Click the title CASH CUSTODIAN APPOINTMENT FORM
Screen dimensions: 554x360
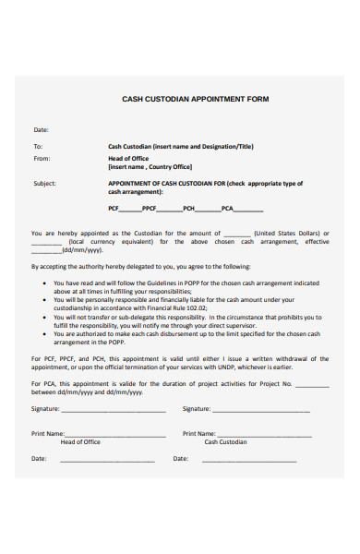[x=195, y=98]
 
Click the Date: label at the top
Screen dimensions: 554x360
[x=41, y=130]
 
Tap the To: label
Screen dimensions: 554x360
[x=38, y=147]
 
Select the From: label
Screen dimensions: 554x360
[x=42, y=158]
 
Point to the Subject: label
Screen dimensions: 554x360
[x=44, y=183]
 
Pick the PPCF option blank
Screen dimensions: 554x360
[x=171, y=211]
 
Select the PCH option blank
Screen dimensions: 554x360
[x=209, y=211]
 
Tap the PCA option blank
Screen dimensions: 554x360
[x=247, y=211]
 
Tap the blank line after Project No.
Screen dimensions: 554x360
[x=312, y=385]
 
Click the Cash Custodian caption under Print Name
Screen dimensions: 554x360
[x=225, y=442]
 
